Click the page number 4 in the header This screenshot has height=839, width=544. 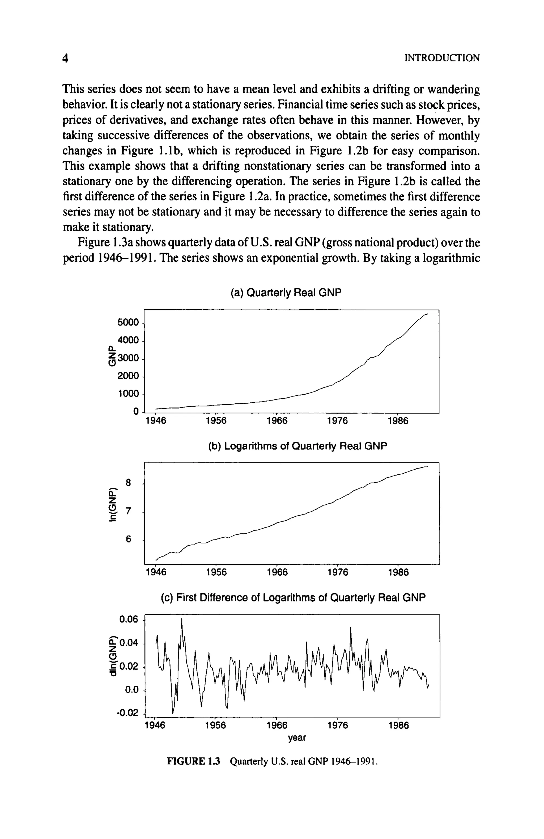[x=65, y=58]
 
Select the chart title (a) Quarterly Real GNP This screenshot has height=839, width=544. [x=286, y=293]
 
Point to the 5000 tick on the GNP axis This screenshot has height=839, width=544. [x=128, y=323]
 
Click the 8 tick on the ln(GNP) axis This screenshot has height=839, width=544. [x=129, y=482]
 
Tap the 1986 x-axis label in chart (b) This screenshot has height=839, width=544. [x=398, y=572]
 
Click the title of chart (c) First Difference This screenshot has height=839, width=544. [x=293, y=598]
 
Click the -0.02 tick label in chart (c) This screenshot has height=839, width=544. [x=126, y=714]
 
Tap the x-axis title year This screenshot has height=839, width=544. [x=297, y=737]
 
